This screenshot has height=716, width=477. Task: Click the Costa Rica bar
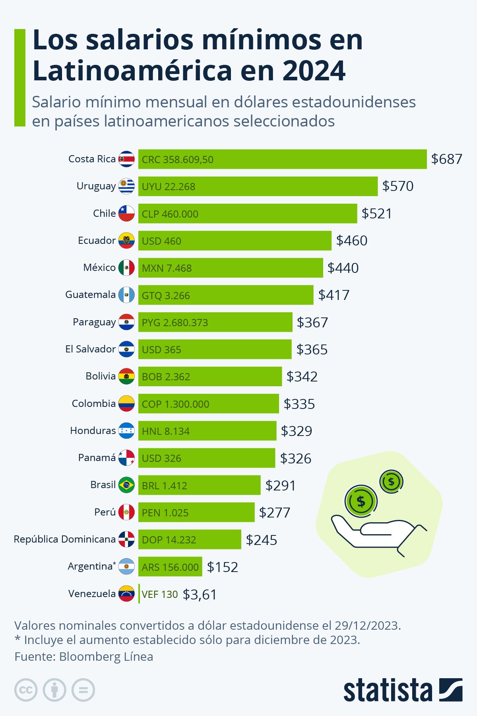282,159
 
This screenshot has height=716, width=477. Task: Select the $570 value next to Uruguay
397,186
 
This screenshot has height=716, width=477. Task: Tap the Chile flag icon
126,214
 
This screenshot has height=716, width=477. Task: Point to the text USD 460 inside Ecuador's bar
161,241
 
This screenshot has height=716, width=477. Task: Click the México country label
99,267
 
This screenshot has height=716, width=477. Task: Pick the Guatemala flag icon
126,295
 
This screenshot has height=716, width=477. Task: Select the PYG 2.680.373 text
175,322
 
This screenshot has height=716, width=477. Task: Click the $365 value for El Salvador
312,350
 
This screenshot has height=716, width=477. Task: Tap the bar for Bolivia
210,376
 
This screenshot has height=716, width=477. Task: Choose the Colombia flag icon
126,403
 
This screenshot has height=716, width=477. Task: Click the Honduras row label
93,430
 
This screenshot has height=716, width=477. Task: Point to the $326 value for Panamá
296,458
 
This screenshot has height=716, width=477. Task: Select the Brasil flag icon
126,485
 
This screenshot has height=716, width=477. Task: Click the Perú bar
196,512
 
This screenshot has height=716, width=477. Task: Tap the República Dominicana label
64,539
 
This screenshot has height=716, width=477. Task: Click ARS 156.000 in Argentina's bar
170,567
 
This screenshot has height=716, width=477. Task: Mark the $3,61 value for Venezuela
200,594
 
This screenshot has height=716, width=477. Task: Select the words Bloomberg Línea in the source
106,656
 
